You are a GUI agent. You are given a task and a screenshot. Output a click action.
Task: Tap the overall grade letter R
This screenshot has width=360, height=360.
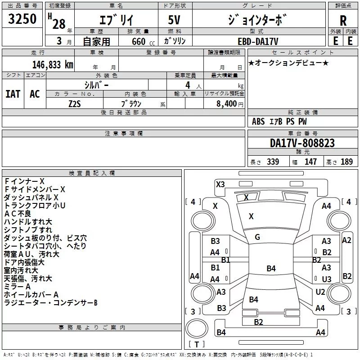coord(343,21)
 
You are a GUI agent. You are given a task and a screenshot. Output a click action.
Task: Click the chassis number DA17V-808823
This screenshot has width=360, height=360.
coord(302,143)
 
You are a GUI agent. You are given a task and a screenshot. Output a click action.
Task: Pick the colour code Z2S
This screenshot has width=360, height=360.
coord(75,103)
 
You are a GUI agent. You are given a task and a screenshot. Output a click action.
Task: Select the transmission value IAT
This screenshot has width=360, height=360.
coord(13,94)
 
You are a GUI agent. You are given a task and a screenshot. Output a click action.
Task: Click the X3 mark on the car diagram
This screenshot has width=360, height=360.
coord(220,184)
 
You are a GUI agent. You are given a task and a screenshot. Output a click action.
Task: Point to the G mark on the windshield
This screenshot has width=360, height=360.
coord(257,237)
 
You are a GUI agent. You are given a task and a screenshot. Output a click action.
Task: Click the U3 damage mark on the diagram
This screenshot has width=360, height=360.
coord(326,279)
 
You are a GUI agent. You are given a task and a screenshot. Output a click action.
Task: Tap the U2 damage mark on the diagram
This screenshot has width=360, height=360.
coord(320,292)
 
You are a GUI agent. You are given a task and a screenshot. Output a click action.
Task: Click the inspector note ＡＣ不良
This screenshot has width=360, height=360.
coord(18,214)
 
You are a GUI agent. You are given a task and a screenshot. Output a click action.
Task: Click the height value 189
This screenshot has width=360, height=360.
coord(346,162)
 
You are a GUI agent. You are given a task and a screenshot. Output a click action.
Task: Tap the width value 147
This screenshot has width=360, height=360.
coord(310,162)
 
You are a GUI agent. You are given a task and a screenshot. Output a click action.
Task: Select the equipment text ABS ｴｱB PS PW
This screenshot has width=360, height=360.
coord(279,121)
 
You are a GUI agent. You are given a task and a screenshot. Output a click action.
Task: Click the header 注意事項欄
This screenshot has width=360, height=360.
coord(123,134)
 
